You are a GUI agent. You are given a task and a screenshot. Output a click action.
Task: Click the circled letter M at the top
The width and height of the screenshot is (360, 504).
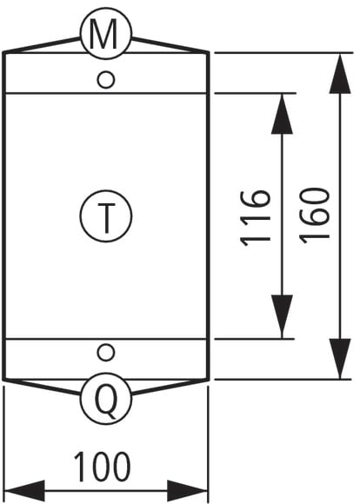(106, 33)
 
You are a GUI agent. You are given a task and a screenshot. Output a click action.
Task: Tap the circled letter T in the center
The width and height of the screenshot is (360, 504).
(106, 216)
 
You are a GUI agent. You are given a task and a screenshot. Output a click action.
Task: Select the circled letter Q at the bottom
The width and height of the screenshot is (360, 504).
(106, 399)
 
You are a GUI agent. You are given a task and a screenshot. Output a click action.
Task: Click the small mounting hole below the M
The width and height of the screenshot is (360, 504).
(106, 79)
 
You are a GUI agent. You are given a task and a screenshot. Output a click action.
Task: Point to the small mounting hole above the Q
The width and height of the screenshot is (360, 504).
(106, 352)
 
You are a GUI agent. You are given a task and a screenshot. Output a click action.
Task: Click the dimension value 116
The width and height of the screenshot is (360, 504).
(256, 219)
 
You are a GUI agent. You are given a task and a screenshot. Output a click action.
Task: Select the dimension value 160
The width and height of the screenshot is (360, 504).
(315, 216)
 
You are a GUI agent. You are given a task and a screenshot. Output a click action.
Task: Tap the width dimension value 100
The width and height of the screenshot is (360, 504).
(103, 467)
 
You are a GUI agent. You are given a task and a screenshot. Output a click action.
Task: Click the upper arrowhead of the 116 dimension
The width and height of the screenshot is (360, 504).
(282, 114)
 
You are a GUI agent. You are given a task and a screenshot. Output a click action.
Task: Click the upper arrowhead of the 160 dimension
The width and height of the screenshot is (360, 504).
(340, 74)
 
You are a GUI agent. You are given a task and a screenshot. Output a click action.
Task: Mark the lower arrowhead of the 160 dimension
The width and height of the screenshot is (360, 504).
(340, 359)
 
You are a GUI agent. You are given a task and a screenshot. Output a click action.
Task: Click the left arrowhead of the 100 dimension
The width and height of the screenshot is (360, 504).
(24, 491)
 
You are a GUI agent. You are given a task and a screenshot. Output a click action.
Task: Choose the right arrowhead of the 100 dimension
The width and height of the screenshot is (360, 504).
(188, 491)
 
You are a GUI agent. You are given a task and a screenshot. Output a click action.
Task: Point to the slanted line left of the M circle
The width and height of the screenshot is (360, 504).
(43, 45)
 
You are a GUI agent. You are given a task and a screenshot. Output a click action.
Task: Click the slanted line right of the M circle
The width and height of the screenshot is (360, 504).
(170, 45)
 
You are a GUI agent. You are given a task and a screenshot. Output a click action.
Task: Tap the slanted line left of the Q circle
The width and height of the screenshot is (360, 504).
(43, 387)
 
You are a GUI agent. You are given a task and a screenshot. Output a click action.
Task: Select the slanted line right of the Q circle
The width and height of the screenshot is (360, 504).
(170, 387)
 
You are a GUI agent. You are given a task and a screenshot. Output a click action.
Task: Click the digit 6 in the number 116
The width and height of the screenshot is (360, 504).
(256, 199)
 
